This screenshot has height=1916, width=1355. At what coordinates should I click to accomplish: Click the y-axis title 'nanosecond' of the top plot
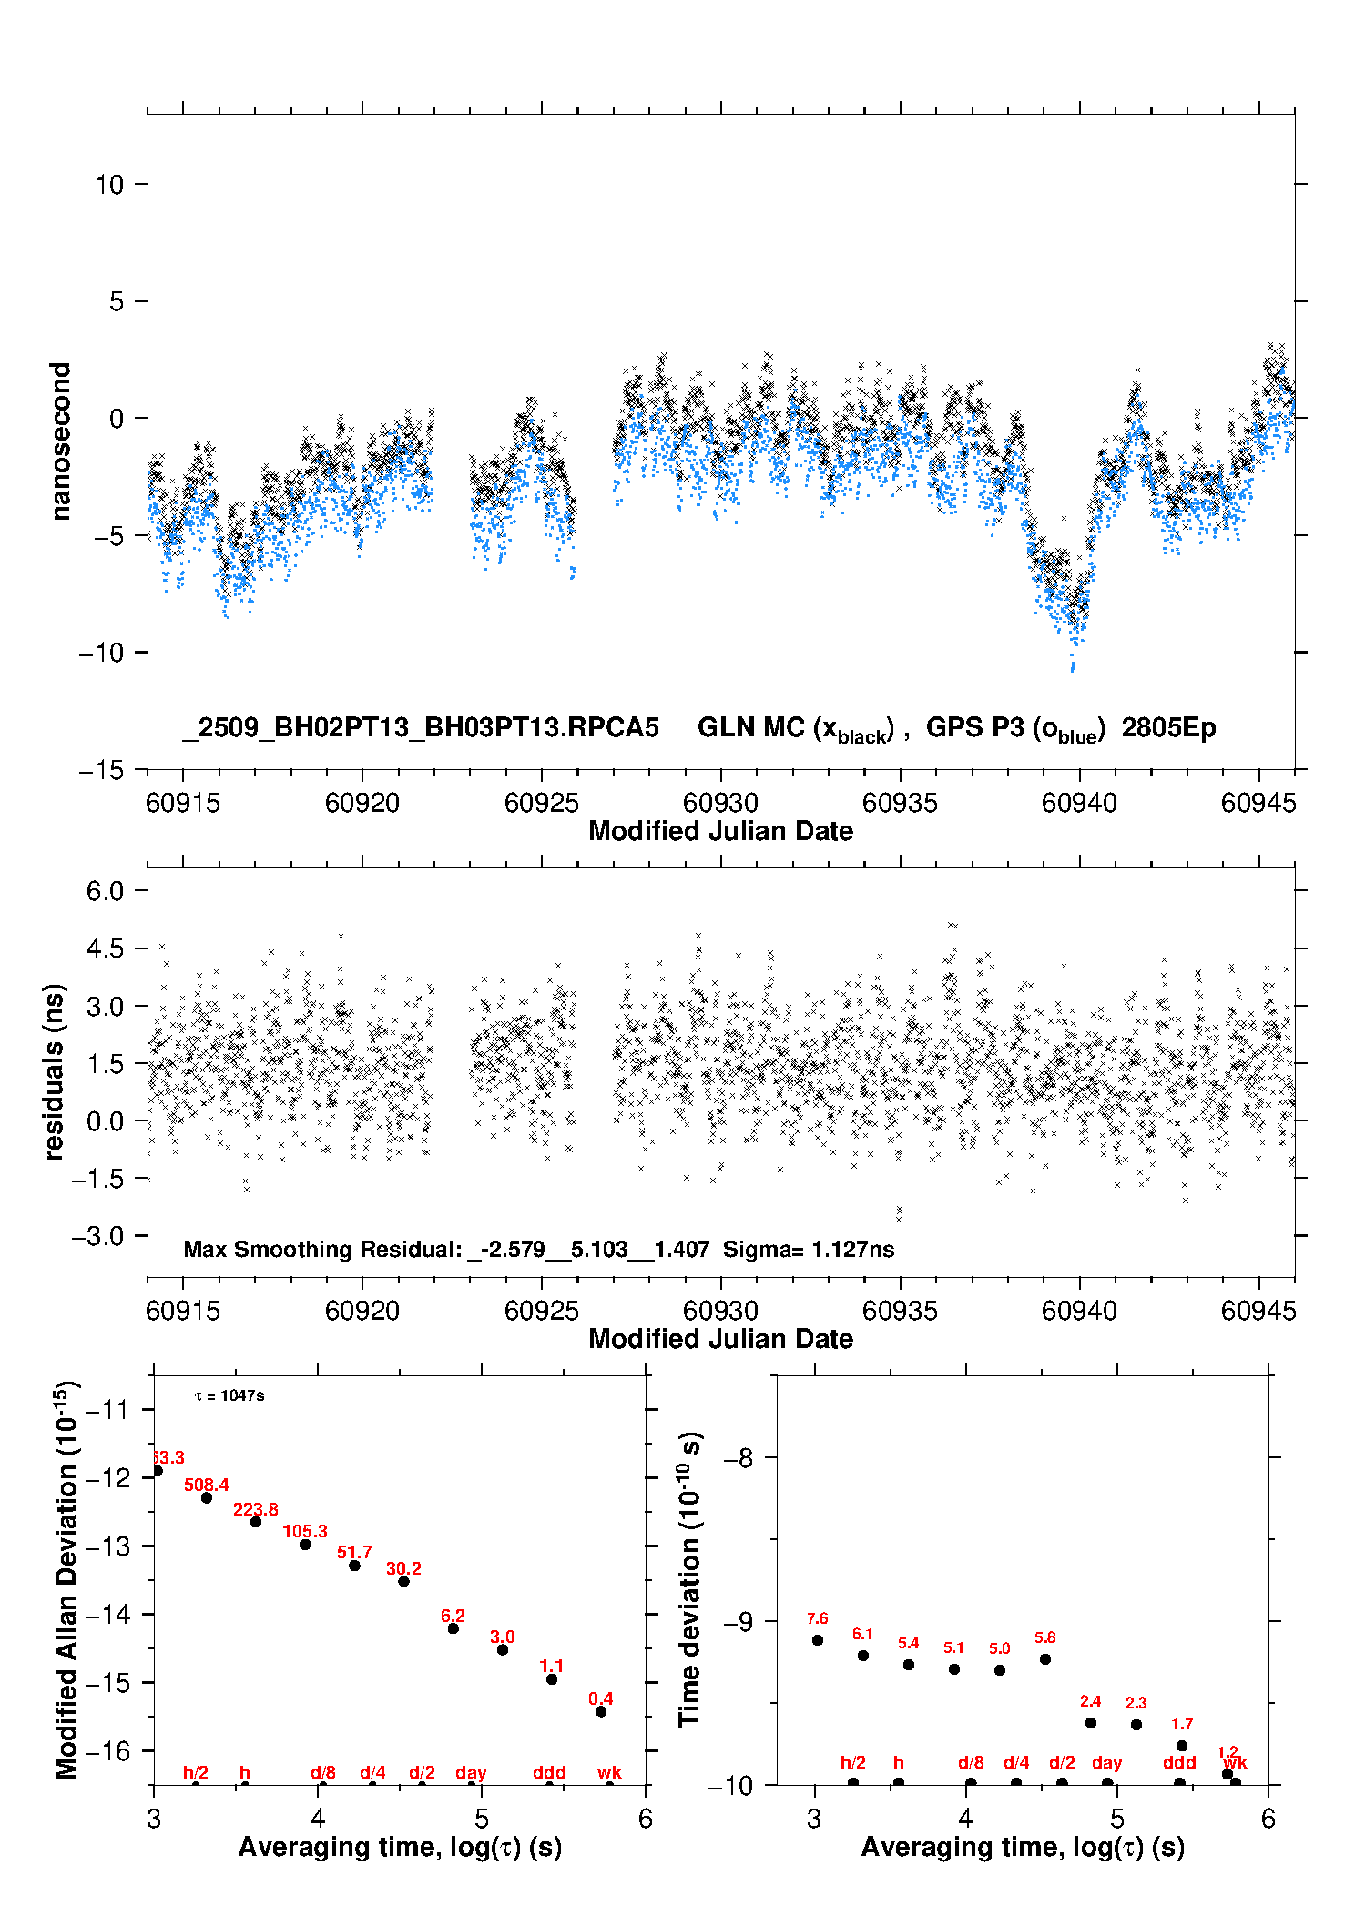pos(61,441)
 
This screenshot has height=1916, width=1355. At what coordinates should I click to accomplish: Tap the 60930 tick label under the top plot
pos(720,803)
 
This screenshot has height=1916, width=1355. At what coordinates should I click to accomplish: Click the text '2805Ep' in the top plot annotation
pos(1168,728)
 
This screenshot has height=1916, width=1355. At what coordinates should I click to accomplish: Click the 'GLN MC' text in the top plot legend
pos(750,728)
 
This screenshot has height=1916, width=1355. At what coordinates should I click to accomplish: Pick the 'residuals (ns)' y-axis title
pos(55,1071)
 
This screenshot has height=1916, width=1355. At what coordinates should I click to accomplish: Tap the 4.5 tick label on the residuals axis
pos(105,948)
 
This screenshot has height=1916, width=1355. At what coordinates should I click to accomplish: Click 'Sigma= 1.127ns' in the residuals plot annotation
pos(809,1249)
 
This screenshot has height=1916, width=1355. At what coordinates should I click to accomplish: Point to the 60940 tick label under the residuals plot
pos(1079,1311)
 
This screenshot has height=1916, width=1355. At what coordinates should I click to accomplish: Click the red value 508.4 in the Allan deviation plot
pos(206,1485)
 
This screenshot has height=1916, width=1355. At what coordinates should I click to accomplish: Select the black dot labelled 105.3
pos(305,1545)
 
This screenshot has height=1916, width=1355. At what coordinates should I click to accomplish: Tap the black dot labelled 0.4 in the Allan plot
pos(601,1712)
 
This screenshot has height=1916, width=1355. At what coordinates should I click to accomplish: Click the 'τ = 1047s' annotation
pos(229,1396)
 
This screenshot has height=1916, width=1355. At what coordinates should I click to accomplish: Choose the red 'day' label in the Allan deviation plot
pos(471,1773)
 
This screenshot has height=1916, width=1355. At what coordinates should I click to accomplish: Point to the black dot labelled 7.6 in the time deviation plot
pos(818,1640)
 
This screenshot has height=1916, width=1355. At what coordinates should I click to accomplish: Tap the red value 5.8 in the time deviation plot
pos(1044,1637)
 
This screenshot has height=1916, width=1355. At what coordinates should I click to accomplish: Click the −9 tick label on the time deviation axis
pos(738,1622)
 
